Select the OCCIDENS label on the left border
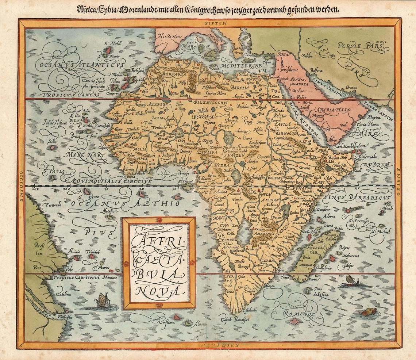coord(22,186)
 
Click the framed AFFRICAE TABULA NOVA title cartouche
coord(159,263)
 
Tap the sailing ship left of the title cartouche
coord(103,300)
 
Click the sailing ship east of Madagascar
coord(351,280)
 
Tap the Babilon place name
coord(307,56)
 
